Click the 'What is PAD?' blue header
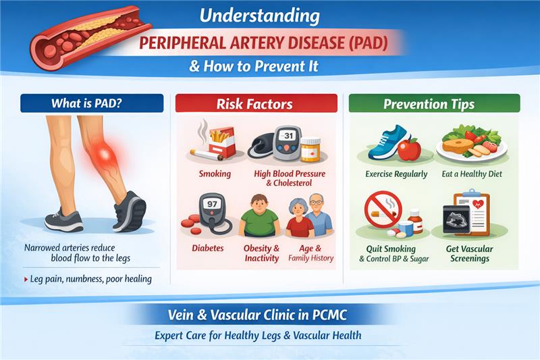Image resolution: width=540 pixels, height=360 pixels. tap(92, 103)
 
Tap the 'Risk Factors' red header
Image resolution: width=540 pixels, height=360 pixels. tap(256, 103)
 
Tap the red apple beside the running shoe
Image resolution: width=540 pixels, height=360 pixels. tap(409, 149)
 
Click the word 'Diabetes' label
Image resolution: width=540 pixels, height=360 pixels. tap(207, 249)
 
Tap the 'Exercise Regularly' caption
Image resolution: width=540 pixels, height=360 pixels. tap(397, 174)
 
